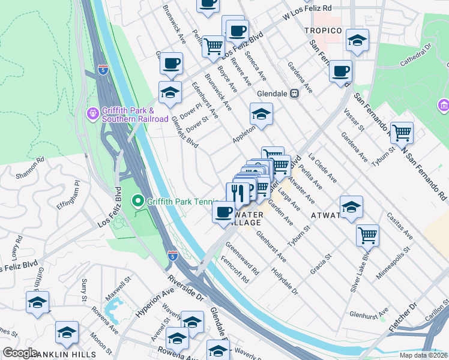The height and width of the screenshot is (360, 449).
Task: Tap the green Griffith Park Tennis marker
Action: click(138, 201)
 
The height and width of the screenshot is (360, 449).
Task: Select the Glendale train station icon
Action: click(295, 94)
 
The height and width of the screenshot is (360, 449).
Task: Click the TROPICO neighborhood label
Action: click(322, 31)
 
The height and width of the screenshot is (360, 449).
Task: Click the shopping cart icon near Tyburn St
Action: click(402, 132)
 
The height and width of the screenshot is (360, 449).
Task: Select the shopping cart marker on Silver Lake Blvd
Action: click(367, 235)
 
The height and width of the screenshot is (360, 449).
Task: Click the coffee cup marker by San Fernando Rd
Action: click(341, 71)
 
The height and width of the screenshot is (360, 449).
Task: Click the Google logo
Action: click(20, 353)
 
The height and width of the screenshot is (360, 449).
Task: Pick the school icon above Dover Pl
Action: click(170, 92)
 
